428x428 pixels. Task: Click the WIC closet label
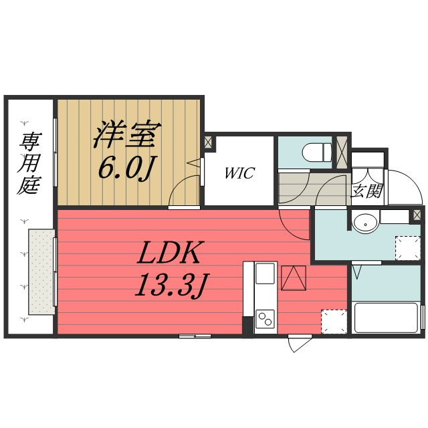click(239, 173)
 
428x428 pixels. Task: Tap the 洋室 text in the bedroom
click(127, 134)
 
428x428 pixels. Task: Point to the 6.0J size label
click(125, 169)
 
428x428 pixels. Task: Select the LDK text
click(168, 253)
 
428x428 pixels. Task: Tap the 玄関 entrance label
click(367, 191)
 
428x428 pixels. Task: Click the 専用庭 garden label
click(29, 163)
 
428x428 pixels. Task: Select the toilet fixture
click(317, 152)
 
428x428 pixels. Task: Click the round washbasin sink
click(365, 224)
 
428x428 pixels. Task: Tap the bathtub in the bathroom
click(386, 318)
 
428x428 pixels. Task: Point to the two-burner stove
click(265, 319)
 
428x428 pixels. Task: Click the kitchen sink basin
click(265, 274)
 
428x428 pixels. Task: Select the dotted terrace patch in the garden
click(42, 272)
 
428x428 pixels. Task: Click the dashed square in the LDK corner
click(334, 322)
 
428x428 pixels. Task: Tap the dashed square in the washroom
click(408, 248)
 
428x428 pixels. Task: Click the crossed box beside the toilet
click(341, 152)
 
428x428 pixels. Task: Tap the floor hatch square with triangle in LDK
click(294, 278)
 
